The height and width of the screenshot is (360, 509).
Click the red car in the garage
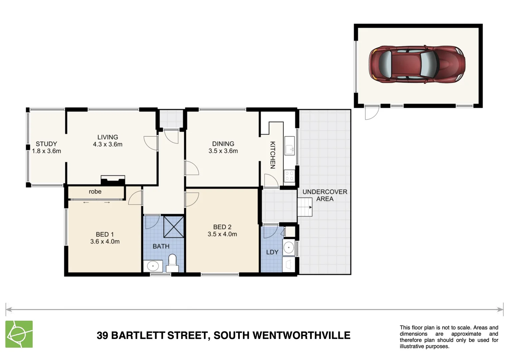click(417, 64)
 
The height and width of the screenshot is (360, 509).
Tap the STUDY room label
click(46, 144)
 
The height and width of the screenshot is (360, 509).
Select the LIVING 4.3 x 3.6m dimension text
click(108, 145)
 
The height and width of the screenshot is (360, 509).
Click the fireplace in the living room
click(113, 180)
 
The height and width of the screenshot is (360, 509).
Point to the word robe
click(95, 192)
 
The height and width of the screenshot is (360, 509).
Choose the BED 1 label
click(105, 234)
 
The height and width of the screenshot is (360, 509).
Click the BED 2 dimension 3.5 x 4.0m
click(222, 234)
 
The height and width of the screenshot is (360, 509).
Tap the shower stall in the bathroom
click(174, 227)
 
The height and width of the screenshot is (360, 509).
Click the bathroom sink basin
click(153, 266)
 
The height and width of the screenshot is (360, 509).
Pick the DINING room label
click(223, 144)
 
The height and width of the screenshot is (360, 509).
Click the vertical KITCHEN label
click(272, 155)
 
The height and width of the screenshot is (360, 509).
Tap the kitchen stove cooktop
click(289, 176)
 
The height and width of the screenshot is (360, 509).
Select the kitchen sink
click(289, 146)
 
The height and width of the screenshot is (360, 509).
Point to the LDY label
click(272, 252)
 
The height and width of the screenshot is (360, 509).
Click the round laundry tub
click(288, 248)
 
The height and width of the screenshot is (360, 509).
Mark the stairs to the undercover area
click(305, 207)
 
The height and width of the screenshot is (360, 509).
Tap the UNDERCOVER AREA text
click(324, 195)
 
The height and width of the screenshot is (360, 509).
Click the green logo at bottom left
click(19, 334)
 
